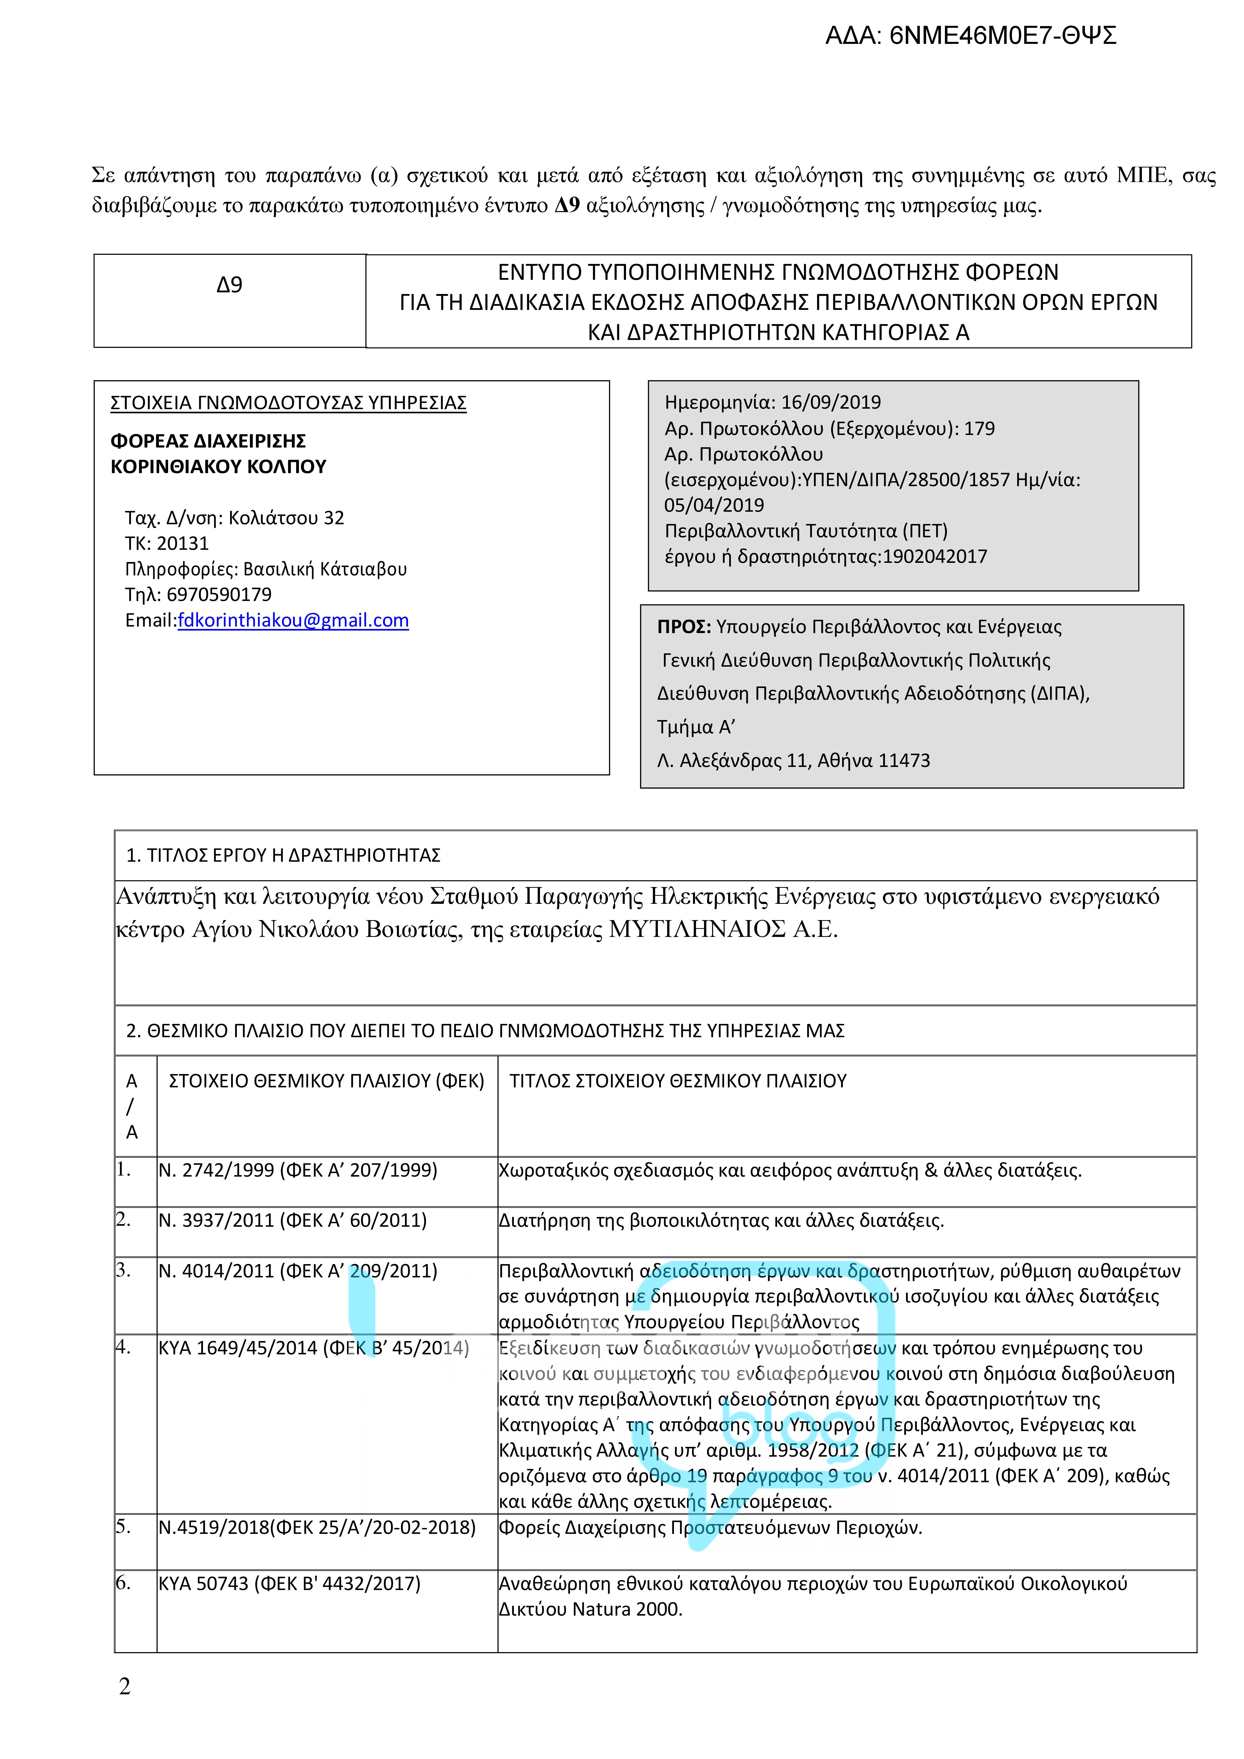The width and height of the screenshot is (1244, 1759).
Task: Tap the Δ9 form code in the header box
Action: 229,285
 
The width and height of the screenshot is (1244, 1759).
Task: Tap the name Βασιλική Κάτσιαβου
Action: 325,569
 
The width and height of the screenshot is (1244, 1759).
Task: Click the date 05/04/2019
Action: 714,506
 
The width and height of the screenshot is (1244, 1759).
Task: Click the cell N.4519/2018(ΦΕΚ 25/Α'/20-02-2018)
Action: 317,1528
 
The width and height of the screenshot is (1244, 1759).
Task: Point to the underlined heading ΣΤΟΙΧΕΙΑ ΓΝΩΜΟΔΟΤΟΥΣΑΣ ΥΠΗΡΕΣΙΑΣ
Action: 288,403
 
